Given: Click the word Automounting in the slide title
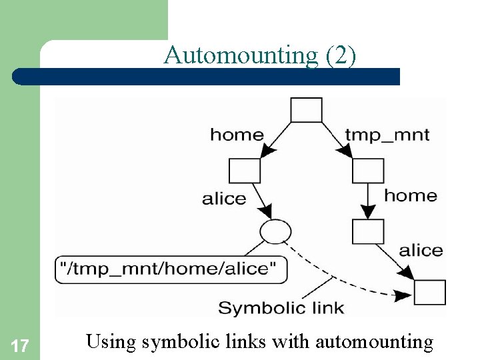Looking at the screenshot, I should point(241,55).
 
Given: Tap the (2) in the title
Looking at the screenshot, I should point(341,55).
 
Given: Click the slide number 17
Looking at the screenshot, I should point(20,346).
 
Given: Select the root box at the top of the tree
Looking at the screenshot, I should point(307,110).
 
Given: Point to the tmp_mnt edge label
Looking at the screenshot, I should point(387,135).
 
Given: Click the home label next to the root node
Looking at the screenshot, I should point(237,135).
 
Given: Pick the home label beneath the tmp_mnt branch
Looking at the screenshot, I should point(411,195).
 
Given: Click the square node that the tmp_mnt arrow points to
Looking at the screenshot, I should point(368,171).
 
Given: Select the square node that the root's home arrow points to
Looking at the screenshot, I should point(245,171).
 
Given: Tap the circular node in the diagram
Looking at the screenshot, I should point(275,231).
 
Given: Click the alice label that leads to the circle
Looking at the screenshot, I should point(224,199).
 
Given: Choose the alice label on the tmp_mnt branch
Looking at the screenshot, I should point(421,251).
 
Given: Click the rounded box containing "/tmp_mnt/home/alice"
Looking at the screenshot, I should point(172,270).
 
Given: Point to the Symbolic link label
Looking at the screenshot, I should point(281,308).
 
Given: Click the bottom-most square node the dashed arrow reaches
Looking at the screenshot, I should point(430,292).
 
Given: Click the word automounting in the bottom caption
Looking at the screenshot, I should point(374,343).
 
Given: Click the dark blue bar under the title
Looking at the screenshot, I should point(207,76).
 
